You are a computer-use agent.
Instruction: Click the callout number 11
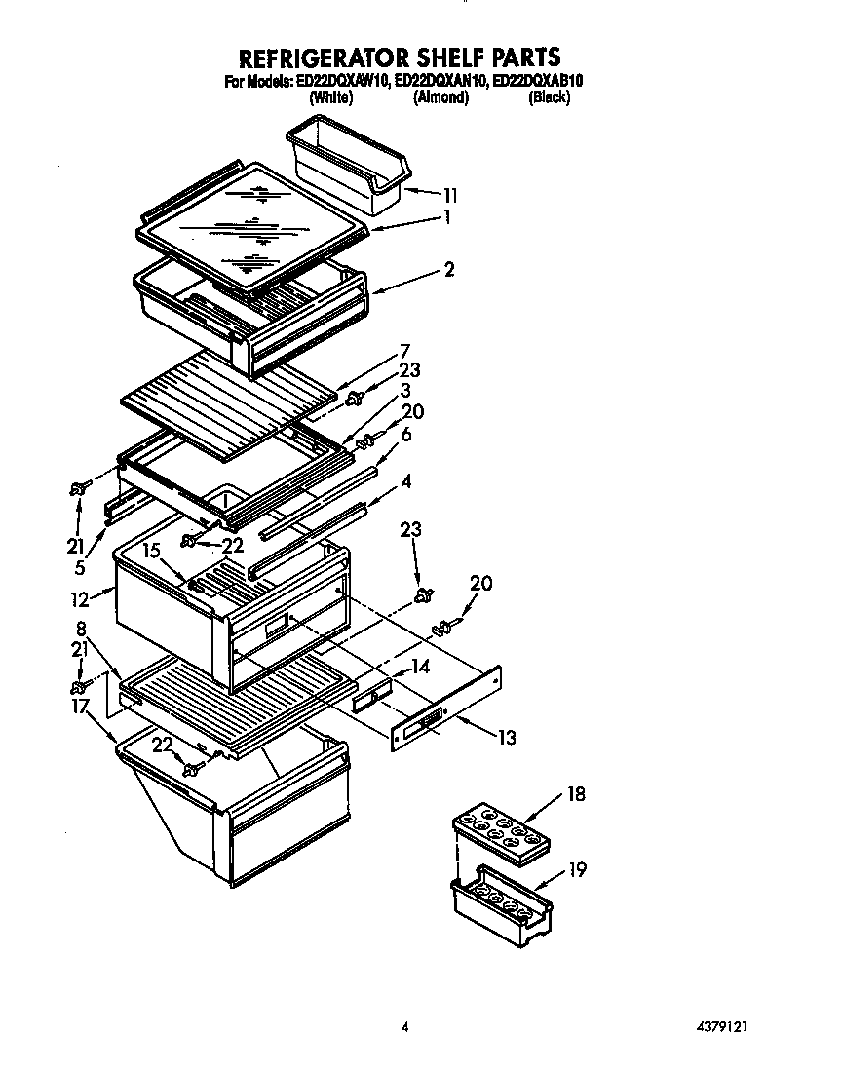tap(450, 194)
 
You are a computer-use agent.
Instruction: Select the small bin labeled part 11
tap(346, 165)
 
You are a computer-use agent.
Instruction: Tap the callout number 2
tap(449, 270)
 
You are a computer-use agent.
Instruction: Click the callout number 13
tap(506, 737)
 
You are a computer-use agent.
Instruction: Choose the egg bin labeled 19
tap(500, 903)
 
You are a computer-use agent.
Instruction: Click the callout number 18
tap(577, 794)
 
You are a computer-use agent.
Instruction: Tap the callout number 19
tap(578, 870)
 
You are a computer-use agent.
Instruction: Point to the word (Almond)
tap(440, 98)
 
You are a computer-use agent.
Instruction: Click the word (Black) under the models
tap(549, 98)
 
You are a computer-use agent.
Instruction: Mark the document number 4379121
tap(722, 1026)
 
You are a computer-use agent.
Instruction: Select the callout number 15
tap(150, 550)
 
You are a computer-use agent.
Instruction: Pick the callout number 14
tap(419, 668)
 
